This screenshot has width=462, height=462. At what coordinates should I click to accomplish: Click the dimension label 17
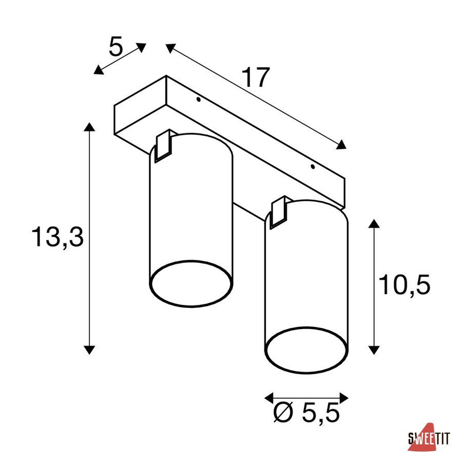click(x=256, y=77)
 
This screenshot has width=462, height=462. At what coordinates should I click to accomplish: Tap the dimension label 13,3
click(x=57, y=237)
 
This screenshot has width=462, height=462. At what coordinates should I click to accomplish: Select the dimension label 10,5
click(x=405, y=284)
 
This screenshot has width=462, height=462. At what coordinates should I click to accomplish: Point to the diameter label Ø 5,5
click(x=306, y=413)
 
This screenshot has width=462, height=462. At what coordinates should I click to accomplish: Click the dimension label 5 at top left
click(x=115, y=47)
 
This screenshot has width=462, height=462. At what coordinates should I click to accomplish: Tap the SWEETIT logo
click(x=429, y=437)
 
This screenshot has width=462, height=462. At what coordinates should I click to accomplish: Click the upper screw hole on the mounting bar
click(x=199, y=100)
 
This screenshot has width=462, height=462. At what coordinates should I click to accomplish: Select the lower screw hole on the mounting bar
click(x=313, y=167)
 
